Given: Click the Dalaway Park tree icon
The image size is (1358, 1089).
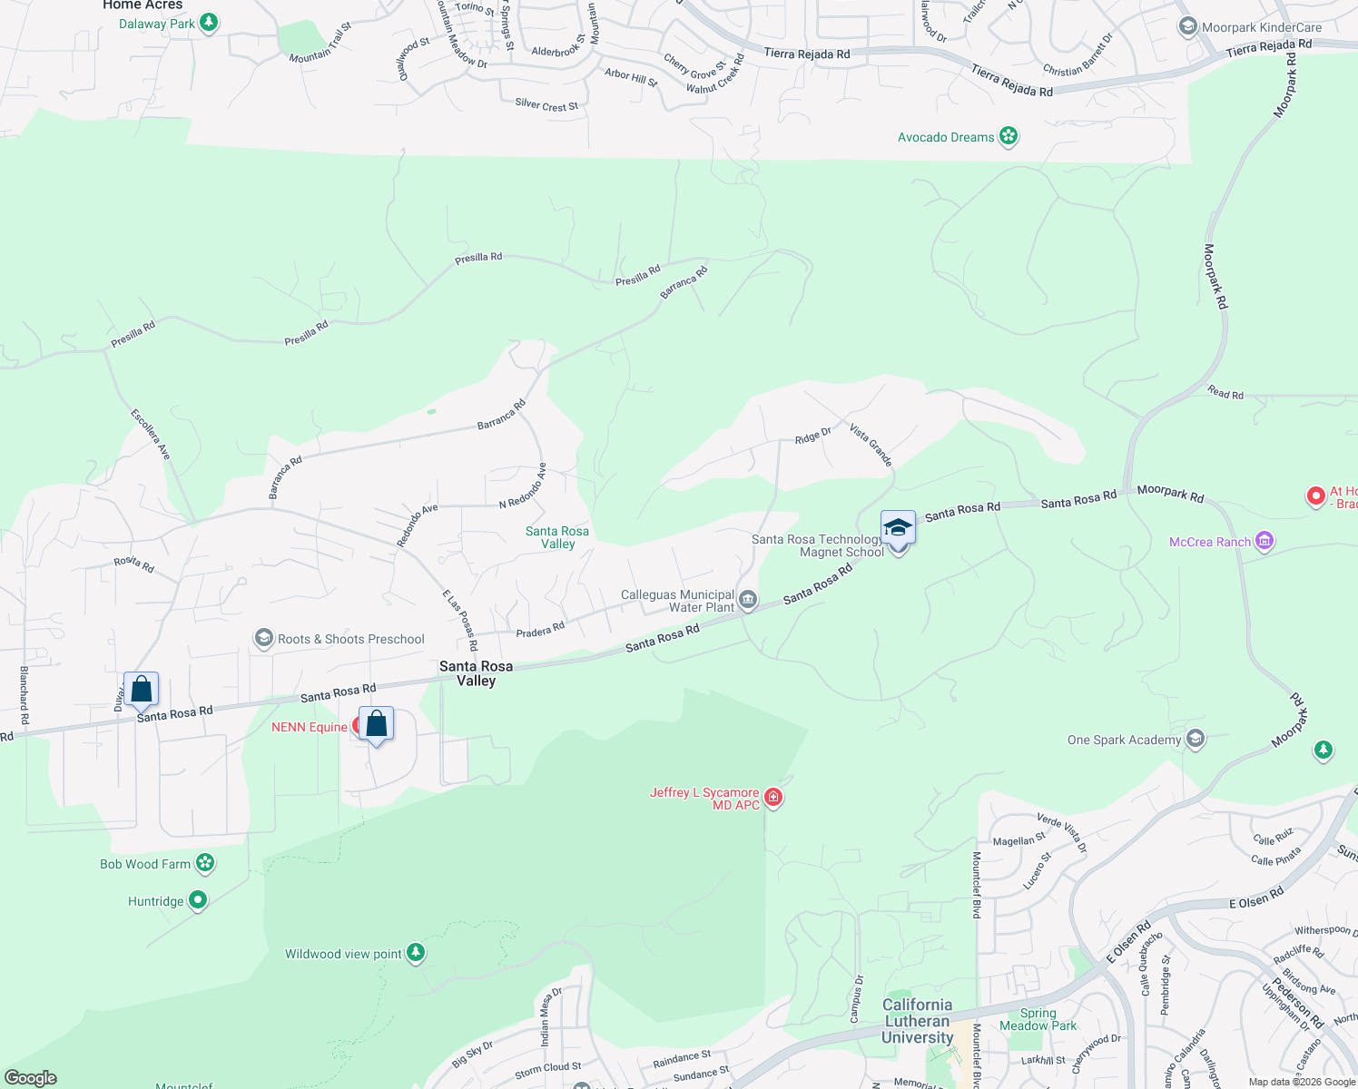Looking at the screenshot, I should pos(209,22).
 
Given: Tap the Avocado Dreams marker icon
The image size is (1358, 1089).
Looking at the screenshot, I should pos(1008,137).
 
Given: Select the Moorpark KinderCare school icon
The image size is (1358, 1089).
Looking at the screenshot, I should pos(1187,27).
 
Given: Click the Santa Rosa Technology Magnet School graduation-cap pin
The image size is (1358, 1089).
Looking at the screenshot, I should pos(898,528).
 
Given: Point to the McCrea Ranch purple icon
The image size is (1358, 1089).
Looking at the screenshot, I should pos(1265,542).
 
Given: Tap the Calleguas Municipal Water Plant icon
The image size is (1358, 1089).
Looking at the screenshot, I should pos(748,599).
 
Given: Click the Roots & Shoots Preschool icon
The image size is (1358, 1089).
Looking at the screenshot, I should pos(264,639).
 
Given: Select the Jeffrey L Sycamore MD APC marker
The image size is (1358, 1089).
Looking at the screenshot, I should pos(773,798).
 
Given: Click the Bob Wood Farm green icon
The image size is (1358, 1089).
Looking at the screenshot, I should pos(205,863).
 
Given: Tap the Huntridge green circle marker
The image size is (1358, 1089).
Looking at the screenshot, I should pos(197,900).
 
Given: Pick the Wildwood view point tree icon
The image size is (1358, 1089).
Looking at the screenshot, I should pos(416,953).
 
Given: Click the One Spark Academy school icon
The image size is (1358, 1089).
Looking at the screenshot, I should pos(1196,739).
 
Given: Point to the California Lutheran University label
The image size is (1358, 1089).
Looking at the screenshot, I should pos(918,1021).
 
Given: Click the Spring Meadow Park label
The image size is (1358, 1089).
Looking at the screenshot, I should pos(1038,1019).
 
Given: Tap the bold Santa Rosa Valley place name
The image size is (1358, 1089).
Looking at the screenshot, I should pos(476,673).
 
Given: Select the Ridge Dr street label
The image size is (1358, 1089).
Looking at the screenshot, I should pos(812,437).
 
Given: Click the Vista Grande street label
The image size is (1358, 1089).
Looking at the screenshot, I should pos(871,445).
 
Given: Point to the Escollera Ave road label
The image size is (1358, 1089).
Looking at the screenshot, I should pos(151,434).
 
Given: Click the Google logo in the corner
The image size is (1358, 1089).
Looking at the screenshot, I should pos(31,1078).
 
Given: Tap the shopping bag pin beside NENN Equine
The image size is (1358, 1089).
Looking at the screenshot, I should pos(376,725).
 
